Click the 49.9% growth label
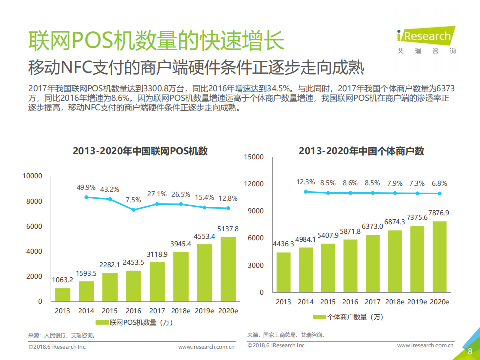coord(86,188)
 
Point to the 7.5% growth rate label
coord(133,199)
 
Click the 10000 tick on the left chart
coord(32,176)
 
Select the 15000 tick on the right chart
coord(253,157)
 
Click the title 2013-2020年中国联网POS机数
coord(140,151)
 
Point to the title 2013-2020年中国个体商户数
coord(361,151)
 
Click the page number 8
coord(470,351)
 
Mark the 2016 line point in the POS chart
coord(134,210)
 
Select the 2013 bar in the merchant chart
coord(283,272)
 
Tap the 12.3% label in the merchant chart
coord(306,182)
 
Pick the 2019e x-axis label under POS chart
coord(205,311)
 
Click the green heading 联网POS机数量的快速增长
coord(155,40)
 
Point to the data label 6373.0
coord(372,226)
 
